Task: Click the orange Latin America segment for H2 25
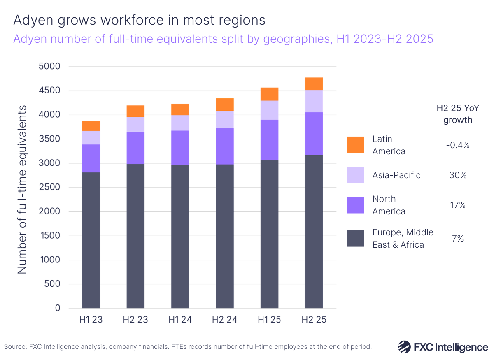(314, 84)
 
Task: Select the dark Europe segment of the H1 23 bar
(91, 240)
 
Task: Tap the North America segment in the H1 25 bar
(269, 139)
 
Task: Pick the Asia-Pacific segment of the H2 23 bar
(135, 124)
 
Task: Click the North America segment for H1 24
(180, 148)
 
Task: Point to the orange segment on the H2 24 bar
(225, 105)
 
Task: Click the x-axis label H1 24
(180, 320)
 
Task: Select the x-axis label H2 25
(314, 320)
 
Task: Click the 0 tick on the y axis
(58, 308)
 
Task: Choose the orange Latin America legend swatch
(355, 145)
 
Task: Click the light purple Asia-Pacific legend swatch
(355, 175)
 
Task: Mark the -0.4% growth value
(457, 145)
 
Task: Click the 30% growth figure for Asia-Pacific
(457, 175)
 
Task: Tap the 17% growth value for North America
(457, 205)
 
